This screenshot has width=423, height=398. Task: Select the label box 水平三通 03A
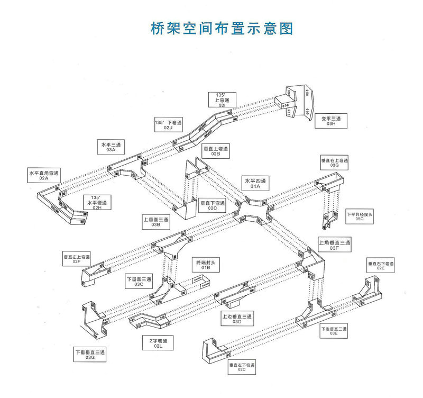pos(111,147)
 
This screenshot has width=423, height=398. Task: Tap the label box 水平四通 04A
pos(255,183)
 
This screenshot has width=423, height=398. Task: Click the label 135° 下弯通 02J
pos(168,125)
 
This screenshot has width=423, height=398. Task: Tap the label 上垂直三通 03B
pos(155,222)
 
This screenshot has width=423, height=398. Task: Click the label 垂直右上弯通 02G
pos(334,162)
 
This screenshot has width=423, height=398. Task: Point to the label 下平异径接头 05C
pos(360,216)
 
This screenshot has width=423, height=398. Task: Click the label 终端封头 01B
pos(204,265)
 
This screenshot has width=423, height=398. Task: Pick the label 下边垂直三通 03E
pos(333,331)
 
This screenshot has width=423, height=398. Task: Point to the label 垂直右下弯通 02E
pos(381,265)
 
